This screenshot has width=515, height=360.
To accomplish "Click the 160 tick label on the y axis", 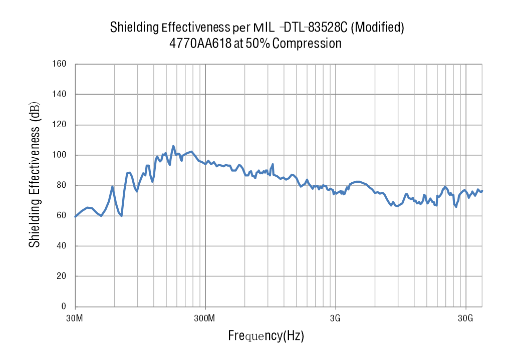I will [60, 64].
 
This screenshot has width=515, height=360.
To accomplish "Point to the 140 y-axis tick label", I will [60, 94].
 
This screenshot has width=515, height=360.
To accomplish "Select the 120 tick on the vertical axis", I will [60, 125].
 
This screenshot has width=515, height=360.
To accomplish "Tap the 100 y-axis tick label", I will [60, 155].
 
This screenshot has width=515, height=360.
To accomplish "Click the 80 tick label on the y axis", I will [62, 185].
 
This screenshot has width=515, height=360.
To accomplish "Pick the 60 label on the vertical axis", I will [62, 216].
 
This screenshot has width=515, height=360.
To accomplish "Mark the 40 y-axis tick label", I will [62, 246].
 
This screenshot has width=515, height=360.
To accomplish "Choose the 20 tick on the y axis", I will [62, 276].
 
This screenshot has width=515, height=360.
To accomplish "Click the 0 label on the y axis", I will [64, 306].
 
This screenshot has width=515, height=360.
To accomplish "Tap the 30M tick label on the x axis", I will [75, 318].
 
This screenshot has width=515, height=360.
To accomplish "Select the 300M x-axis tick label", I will [205, 318].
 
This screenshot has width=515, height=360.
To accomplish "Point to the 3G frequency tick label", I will [336, 318].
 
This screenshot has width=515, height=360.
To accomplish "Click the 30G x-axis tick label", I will [466, 318].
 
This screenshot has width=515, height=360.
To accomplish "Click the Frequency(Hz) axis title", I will [266, 335].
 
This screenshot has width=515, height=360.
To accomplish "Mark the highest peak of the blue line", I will [173, 146].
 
